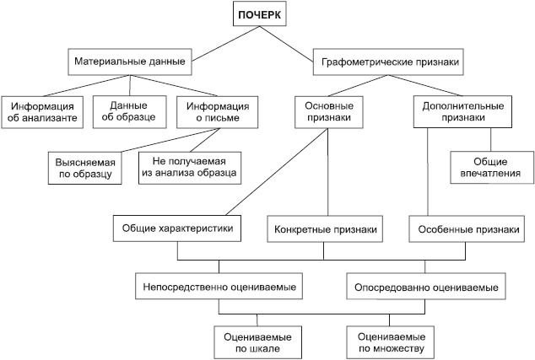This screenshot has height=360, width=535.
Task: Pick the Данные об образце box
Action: (128, 112)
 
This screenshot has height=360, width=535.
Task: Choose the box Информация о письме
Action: (217, 112)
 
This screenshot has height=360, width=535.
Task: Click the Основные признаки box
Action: (327, 112)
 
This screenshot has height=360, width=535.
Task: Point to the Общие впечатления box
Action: (491, 168)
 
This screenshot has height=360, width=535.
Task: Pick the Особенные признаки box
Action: (462, 228)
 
